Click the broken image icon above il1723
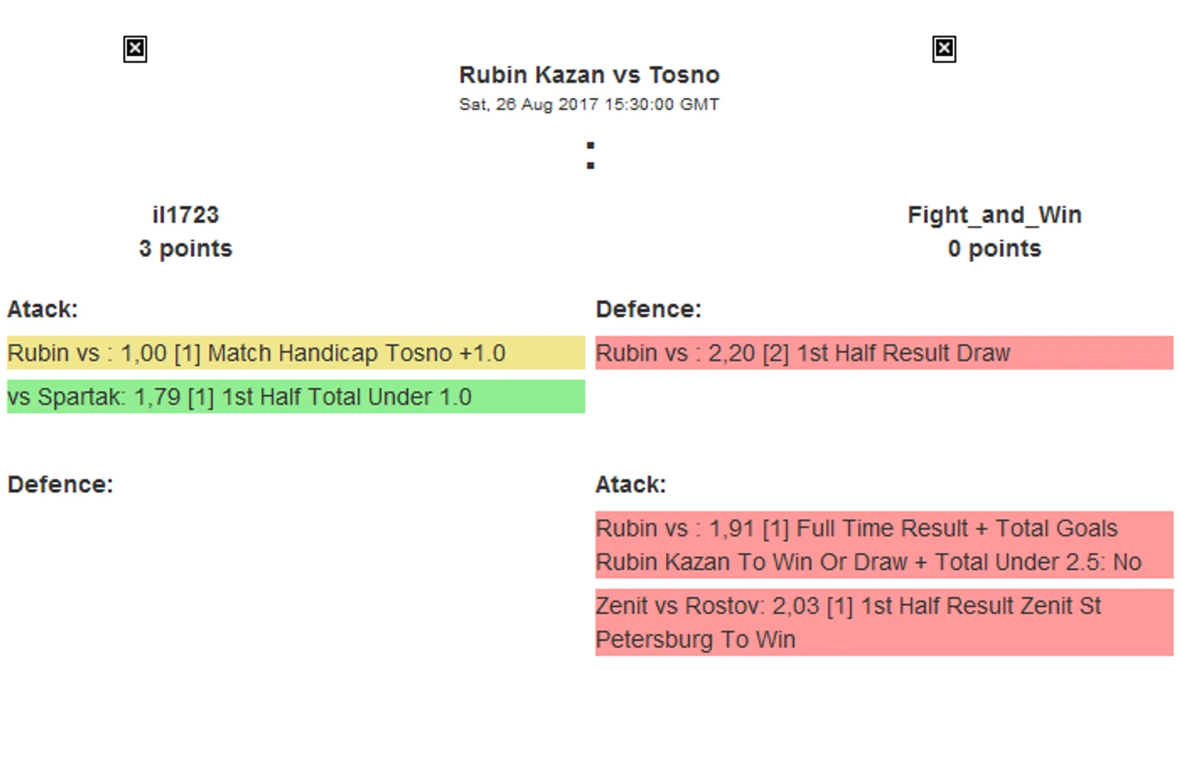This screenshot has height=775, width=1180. coord(135,49)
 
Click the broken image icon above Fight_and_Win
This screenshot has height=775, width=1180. coord(943,49)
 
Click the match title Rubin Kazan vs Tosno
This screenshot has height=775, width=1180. coord(589,75)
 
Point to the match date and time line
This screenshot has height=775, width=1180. coord(589,104)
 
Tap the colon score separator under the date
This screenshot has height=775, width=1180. coord(591,155)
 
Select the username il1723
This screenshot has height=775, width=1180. coord(185,215)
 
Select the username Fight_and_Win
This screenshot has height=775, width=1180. coord(995,215)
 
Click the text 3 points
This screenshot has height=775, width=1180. coord(185,249)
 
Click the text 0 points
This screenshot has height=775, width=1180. coord(995,249)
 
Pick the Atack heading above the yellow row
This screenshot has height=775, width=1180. coord(42,310)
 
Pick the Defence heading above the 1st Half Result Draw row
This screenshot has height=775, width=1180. coord(648,310)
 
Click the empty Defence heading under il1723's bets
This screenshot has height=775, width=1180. coord(60,485)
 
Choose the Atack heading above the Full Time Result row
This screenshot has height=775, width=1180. coord(630,485)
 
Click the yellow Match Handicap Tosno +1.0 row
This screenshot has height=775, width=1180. coord(296,352)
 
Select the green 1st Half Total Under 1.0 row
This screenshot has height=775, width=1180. coord(296,397)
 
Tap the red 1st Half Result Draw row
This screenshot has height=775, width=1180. coord(884,352)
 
